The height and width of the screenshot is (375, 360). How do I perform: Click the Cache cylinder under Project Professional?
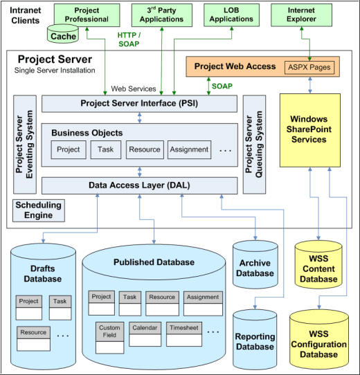pyautogui.click(x=63, y=34)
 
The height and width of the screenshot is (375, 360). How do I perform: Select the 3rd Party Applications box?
pyautogui.click(x=162, y=15)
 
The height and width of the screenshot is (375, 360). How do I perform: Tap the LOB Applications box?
pyautogui.click(x=231, y=15)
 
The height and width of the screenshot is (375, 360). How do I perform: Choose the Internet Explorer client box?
pyautogui.click(x=301, y=15)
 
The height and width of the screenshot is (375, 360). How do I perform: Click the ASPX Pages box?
pyautogui.click(x=309, y=68)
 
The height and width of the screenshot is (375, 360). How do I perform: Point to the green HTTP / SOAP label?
pyautogui.click(x=129, y=39)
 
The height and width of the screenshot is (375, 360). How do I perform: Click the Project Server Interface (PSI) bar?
pyautogui.click(x=140, y=104)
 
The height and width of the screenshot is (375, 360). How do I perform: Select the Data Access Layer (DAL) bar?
pyautogui.click(x=140, y=185)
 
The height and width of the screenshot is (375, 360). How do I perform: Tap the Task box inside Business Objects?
pyautogui.click(x=106, y=149)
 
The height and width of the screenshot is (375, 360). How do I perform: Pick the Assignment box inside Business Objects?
pyautogui.click(x=189, y=149)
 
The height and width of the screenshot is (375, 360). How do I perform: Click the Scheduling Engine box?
pyautogui.click(x=39, y=210)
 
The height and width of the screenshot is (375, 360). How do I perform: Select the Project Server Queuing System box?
pyautogui.click(x=254, y=145)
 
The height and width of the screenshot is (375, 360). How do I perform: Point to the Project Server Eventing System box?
pyautogui.click(x=25, y=145)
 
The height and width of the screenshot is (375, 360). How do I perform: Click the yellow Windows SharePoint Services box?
pyautogui.click(x=310, y=130)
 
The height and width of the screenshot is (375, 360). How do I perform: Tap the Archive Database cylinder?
pyautogui.click(x=255, y=265)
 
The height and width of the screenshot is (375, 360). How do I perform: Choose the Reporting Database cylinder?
pyautogui.click(x=255, y=340)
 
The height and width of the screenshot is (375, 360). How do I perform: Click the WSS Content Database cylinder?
pyautogui.click(x=318, y=265)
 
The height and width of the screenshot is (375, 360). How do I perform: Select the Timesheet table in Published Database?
pyautogui.click(x=184, y=334)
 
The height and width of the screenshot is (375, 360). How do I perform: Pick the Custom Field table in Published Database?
pyautogui.click(x=109, y=338)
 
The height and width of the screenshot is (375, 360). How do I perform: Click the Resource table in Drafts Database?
pyautogui.click(x=33, y=338)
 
